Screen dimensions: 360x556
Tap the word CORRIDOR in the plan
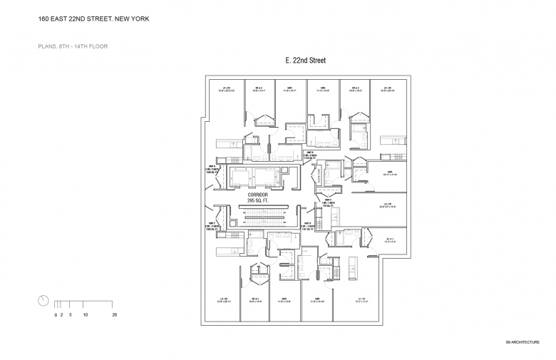pos(257,195)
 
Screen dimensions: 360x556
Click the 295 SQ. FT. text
pos(257,201)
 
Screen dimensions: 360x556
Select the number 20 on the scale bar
pos(114,314)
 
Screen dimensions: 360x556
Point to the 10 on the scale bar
pos(85,314)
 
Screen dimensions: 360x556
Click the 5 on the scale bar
pos(70,314)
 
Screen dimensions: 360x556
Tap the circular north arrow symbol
pos(43,300)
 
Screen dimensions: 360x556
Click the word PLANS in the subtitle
pos(47,46)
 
